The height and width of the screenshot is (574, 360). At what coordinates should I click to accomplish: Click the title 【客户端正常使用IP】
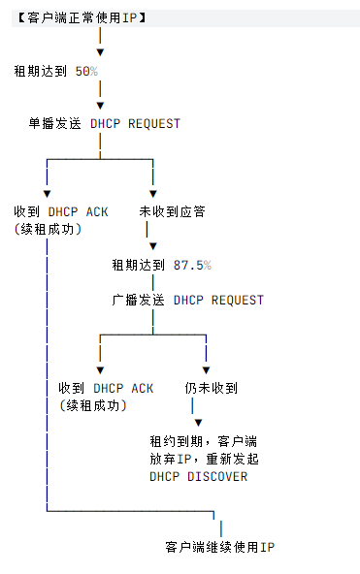click(82, 17)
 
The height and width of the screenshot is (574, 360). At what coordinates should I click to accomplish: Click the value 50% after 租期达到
click(86, 71)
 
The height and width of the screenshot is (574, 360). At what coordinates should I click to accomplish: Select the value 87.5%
click(192, 265)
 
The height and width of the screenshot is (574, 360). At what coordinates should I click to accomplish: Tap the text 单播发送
click(55, 124)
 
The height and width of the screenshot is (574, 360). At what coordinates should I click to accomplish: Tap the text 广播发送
click(138, 301)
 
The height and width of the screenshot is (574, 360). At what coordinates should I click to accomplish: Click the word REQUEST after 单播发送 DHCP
click(154, 124)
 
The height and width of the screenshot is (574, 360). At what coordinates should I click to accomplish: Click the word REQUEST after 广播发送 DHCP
click(238, 301)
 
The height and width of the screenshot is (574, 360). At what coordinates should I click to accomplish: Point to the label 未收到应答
click(172, 211)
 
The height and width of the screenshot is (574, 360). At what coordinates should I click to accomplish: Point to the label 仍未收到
click(211, 388)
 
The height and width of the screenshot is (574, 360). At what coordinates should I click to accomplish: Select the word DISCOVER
click(217, 477)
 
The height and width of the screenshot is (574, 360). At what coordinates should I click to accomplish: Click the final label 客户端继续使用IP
click(219, 547)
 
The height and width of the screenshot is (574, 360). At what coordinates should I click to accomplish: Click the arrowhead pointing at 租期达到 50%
click(100, 52)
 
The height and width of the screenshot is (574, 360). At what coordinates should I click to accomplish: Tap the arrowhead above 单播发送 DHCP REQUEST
click(100, 106)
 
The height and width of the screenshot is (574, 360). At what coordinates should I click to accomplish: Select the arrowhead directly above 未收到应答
click(153, 194)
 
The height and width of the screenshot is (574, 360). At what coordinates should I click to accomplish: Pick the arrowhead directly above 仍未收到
click(206, 370)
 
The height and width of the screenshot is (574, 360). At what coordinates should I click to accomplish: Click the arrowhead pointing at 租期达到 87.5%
click(153, 246)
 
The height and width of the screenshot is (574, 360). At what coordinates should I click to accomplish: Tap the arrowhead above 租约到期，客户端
click(198, 423)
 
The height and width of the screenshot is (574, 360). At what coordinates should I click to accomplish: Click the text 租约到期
click(177, 441)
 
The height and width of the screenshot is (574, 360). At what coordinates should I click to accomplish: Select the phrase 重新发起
click(232, 459)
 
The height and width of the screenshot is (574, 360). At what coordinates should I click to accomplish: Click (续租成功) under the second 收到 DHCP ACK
click(93, 405)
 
